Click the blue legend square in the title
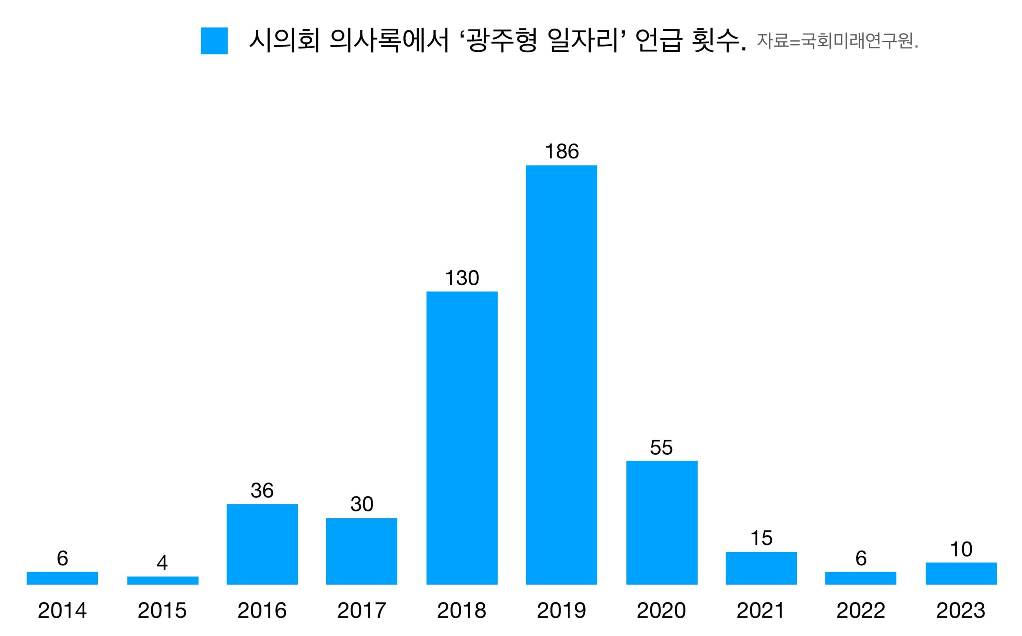coord(214,41)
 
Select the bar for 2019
coord(561,374)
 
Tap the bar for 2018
coord(462,437)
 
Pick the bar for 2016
coord(262,544)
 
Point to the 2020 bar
coord(662,522)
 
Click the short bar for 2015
coord(163,581)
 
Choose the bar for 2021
coord(761,568)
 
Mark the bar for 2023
coord(961,573)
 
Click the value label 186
coord(562,152)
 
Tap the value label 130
coord(462,278)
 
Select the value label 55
coord(662,448)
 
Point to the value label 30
coord(362,504)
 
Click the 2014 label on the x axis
coord(62,611)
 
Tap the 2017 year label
coord(362,611)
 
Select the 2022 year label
coord(861,611)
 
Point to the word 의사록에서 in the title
coord(389,41)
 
